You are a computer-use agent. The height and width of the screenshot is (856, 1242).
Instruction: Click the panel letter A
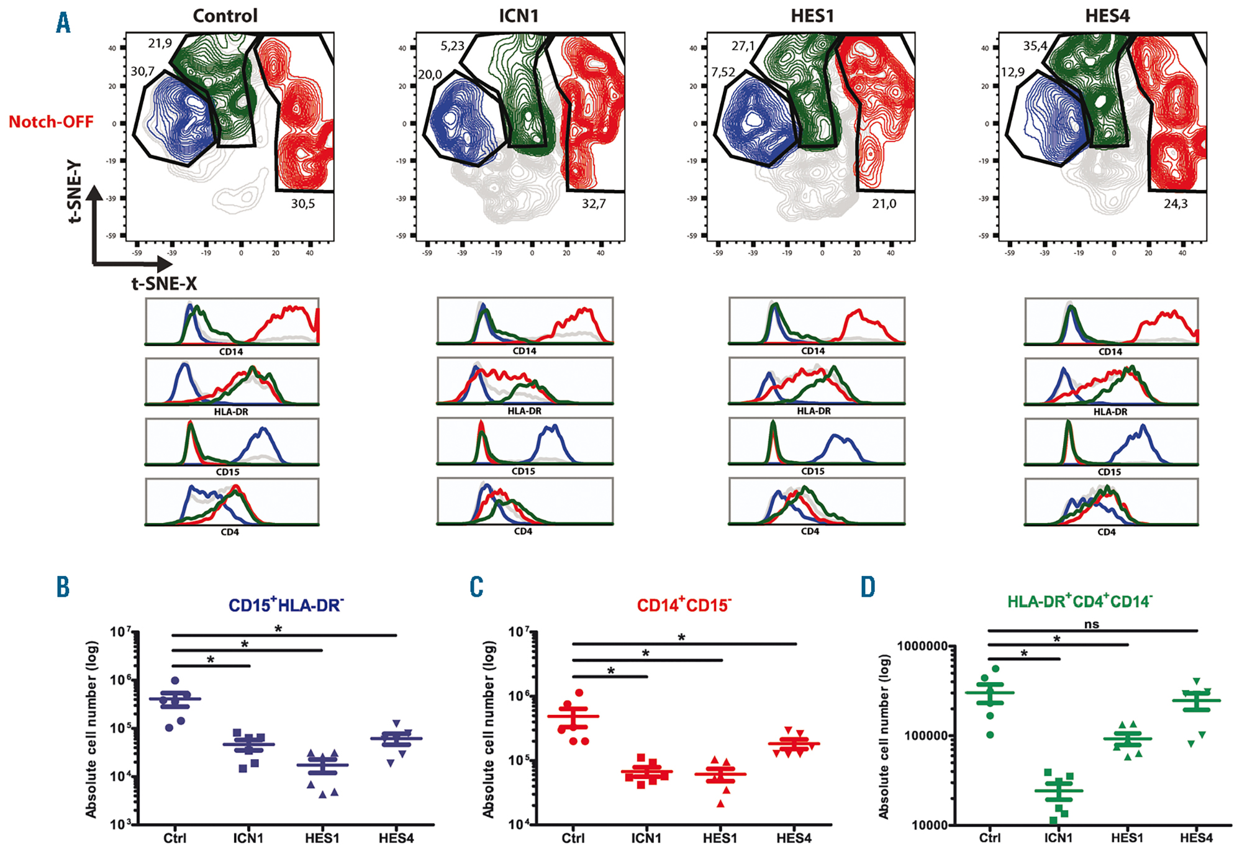(63, 23)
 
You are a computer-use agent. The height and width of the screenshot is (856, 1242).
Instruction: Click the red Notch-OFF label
(51, 122)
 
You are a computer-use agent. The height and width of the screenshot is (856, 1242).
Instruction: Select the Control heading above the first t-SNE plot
(225, 16)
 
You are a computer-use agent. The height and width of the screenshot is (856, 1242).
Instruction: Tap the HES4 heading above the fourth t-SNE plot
(1107, 16)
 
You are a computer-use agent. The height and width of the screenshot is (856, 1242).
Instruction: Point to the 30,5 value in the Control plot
(303, 204)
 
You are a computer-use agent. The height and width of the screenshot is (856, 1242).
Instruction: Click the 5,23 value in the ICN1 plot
(453, 46)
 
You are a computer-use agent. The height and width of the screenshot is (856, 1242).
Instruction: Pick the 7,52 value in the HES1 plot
(723, 73)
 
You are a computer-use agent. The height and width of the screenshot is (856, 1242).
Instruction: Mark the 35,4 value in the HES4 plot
(1035, 46)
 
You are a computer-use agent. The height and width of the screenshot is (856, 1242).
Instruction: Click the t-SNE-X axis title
(164, 284)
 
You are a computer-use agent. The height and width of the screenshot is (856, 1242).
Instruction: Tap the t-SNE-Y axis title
(75, 191)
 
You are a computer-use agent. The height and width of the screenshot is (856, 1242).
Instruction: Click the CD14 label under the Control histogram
(231, 352)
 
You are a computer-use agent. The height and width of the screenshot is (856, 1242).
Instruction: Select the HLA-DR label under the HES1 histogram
(814, 411)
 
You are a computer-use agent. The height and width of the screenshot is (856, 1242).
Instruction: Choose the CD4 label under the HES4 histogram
(1106, 532)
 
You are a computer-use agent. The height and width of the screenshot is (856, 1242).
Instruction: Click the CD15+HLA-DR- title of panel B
(286, 604)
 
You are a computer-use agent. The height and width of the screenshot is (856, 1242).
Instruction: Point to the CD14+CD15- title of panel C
(684, 604)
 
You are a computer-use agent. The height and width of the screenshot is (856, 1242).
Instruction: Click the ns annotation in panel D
(1091, 624)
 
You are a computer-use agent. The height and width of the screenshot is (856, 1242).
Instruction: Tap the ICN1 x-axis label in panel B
(248, 839)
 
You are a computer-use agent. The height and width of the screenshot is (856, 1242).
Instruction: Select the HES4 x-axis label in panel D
(1196, 838)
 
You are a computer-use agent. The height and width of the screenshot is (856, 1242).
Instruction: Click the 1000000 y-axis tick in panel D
(923, 646)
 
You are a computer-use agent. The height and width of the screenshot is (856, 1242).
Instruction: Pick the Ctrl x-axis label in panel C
(573, 839)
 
